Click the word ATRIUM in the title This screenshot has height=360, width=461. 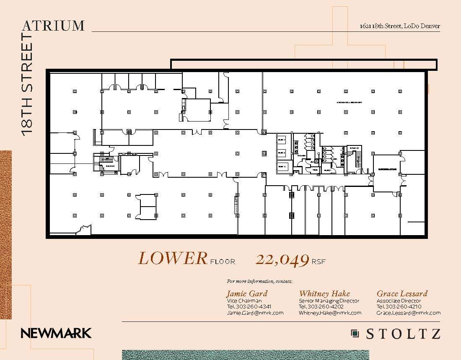[53, 25]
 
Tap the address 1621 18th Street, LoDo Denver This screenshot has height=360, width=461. [400, 26]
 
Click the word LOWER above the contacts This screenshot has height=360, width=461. [173, 259]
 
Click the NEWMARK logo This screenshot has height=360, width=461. [56, 333]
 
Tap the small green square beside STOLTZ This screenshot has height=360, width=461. [355, 334]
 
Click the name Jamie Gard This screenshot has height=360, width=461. [247, 293]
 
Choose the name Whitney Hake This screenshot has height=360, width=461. [324, 293]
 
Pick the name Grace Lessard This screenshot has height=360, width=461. [402, 293]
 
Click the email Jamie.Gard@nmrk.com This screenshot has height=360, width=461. [255, 313]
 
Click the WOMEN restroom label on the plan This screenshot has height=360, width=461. [301, 155]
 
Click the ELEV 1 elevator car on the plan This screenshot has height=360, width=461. [282, 140]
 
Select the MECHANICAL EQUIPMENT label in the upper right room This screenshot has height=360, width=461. [349, 102]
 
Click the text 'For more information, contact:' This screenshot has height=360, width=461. [259, 281]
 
